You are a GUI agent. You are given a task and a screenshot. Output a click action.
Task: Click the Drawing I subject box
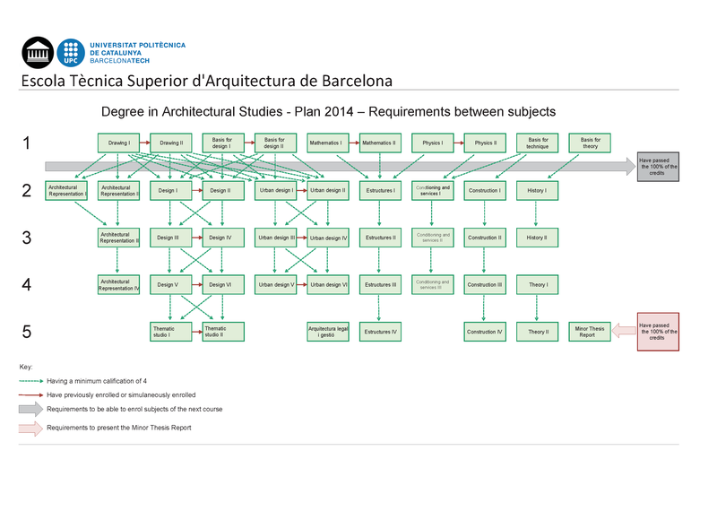tap(119, 143)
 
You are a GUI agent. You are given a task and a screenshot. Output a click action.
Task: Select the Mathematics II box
tap(379, 143)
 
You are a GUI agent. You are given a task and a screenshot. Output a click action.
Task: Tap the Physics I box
tap(432, 143)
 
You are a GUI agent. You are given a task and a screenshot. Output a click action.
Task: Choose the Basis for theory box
tap(590, 143)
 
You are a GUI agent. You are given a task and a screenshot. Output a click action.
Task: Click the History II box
tap(536, 238)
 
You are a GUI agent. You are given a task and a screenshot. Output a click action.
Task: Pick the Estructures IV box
tap(379, 332)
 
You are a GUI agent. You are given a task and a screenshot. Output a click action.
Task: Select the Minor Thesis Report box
tap(590, 332)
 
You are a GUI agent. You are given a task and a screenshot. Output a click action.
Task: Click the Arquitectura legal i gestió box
tap(327, 332)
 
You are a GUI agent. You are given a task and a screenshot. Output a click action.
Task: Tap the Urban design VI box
tap(327, 284)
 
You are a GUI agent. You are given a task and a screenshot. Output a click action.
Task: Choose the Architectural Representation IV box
tap(119, 284)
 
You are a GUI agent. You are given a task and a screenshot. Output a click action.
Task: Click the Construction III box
tap(485, 284)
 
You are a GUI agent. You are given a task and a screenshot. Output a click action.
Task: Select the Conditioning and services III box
tap(432, 284)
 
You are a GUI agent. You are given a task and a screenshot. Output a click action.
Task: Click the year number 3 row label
tap(27, 238)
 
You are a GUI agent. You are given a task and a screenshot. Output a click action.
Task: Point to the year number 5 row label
tap(27, 332)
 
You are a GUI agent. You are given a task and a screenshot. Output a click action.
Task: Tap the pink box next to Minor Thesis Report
tap(658, 332)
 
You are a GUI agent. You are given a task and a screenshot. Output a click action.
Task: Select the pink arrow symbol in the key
tap(30, 429)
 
